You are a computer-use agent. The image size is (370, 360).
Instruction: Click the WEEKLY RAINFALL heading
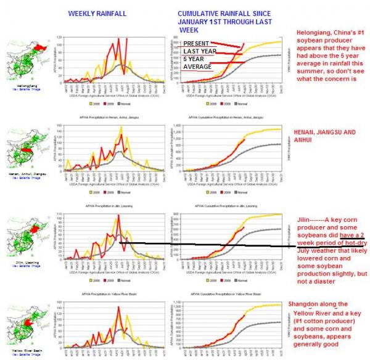(x=92, y=13)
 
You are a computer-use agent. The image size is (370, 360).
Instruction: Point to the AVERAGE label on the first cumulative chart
(x=198, y=66)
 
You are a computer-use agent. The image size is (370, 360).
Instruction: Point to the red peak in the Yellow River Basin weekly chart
(x=119, y=307)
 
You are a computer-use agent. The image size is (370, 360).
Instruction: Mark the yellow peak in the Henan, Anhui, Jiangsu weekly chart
(x=121, y=127)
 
